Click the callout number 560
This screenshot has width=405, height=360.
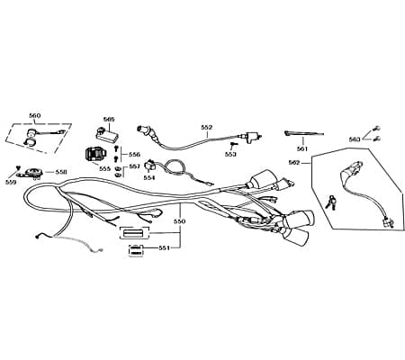[35, 115]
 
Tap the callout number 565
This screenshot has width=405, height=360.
[109, 119]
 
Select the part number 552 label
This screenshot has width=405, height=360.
[207, 127]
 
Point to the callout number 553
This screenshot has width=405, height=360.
[230, 154]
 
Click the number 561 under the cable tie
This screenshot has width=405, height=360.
[302, 148]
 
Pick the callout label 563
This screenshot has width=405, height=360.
[355, 139]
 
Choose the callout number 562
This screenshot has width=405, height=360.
[294, 162]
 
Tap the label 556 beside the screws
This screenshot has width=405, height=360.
[134, 155]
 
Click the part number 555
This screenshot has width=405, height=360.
[104, 169]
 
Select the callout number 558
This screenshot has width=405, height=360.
[61, 172]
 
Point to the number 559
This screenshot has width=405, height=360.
[11, 182]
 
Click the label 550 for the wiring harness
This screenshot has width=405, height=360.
[180, 221]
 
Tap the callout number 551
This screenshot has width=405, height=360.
[165, 247]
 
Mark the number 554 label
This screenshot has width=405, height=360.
[149, 177]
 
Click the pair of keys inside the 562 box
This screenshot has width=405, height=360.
[330, 202]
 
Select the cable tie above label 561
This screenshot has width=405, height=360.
[303, 133]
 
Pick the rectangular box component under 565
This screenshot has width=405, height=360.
[107, 133]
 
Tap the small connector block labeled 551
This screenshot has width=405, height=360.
[136, 251]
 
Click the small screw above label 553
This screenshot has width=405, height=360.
[233, 145]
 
